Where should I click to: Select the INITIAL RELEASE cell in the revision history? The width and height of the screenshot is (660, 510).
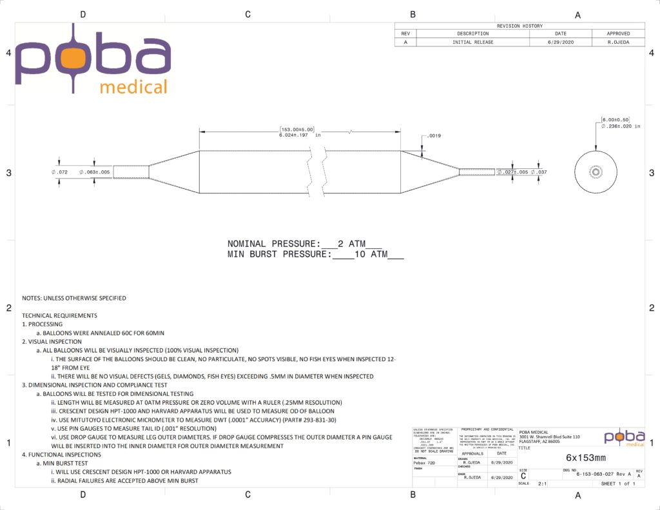472,42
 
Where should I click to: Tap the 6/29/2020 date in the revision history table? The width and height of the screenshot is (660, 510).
560,42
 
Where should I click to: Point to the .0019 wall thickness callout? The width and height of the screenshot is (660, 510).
432,137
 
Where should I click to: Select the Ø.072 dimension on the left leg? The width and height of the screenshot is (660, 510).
60,173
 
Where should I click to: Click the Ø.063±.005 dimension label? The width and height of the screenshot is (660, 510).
94,173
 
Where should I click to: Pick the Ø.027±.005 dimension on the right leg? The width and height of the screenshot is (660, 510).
512,172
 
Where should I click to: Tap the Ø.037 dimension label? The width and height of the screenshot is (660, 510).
539,172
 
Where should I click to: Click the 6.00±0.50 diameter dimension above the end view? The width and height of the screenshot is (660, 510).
615,120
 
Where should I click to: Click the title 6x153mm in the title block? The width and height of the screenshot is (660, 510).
581,456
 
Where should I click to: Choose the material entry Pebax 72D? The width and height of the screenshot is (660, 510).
423,463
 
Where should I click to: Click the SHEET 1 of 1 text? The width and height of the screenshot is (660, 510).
617,483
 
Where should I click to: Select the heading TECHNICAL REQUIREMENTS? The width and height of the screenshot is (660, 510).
59,315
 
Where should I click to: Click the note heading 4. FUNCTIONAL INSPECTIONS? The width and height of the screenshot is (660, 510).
61,455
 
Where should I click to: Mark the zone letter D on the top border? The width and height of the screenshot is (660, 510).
82,14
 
